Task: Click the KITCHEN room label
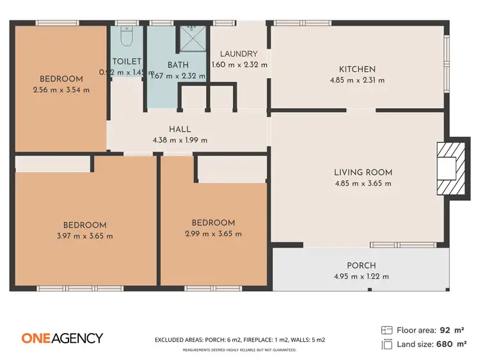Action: (x=357, y=69)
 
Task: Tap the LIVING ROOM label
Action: (x=363, y=172)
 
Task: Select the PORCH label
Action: (x=361, y=265)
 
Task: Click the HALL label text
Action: (x=180, y=129)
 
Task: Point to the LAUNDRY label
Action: (x=238, y=54)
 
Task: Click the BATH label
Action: (x=177, y=65)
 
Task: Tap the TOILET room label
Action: (x=127, y=61)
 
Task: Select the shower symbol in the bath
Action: (x=190, y=37)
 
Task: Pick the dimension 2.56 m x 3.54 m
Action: (x=61, y=90)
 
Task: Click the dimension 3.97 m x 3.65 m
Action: (x=84, y=236)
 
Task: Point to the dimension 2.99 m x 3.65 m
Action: (x=213, y=234)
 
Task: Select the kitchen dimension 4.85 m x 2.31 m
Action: (x=357, y=81)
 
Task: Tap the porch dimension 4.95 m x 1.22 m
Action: (x=361, y=277)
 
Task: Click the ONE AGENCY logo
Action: (x=62, y=338)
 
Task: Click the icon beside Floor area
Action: (x=387, y=331)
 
